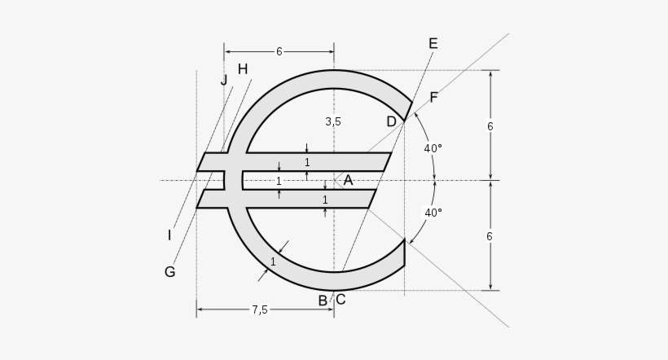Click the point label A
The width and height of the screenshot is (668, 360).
point(348,180)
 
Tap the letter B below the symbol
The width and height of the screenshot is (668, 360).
point(323,301)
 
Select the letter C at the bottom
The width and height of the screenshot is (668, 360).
point(341,300)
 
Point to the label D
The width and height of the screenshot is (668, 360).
point(391,121)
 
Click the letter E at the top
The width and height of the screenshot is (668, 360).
point(433,44)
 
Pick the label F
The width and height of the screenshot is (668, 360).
point(433,98)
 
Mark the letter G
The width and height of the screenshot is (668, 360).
point(169,272)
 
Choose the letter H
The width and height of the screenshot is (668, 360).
point(243,69)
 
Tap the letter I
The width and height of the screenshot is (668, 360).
point(169,235)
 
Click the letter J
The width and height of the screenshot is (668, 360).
point(224,80)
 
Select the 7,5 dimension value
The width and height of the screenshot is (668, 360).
point(260,310)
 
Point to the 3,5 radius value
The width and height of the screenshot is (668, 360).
point(333,121)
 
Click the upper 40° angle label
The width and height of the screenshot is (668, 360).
point(433,148)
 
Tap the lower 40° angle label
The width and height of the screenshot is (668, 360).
point(433,213)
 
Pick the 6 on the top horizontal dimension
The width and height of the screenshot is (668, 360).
point(279,51)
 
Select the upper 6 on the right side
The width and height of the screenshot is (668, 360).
point(490,126)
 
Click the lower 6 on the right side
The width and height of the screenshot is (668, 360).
point(490,236)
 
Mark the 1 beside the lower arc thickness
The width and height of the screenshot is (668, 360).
point(273,261)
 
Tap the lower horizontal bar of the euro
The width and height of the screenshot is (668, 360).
point(342,199)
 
